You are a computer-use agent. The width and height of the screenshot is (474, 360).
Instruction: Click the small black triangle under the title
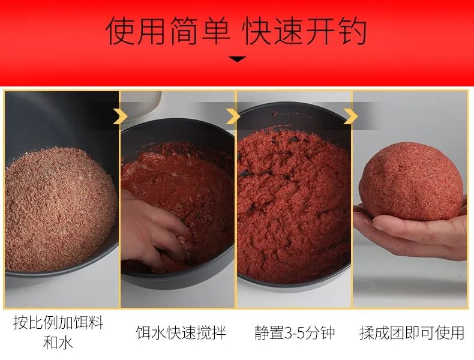pyautogui.click(x=238, y=59)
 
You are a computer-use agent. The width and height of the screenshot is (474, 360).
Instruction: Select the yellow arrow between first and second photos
pyautogui.click(x=120, y=116)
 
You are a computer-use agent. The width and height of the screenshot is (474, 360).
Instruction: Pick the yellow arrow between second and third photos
pyautogui.click(x=233, y=116)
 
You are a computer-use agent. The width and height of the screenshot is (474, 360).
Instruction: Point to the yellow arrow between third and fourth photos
pyautogui.click(x=350, y=116)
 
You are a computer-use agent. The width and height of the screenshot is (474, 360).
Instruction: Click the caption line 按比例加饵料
pyautogui.click(x=58, y=323)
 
